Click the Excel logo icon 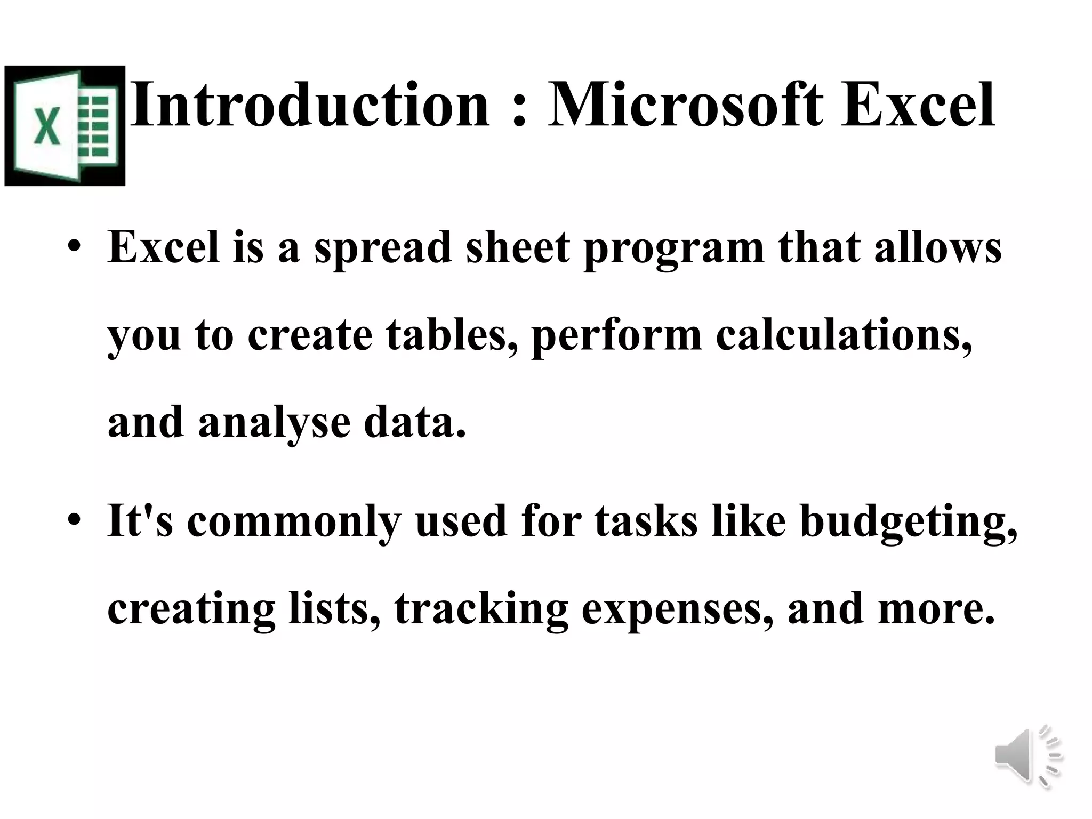click(65, 126)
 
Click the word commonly click(293, 523)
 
